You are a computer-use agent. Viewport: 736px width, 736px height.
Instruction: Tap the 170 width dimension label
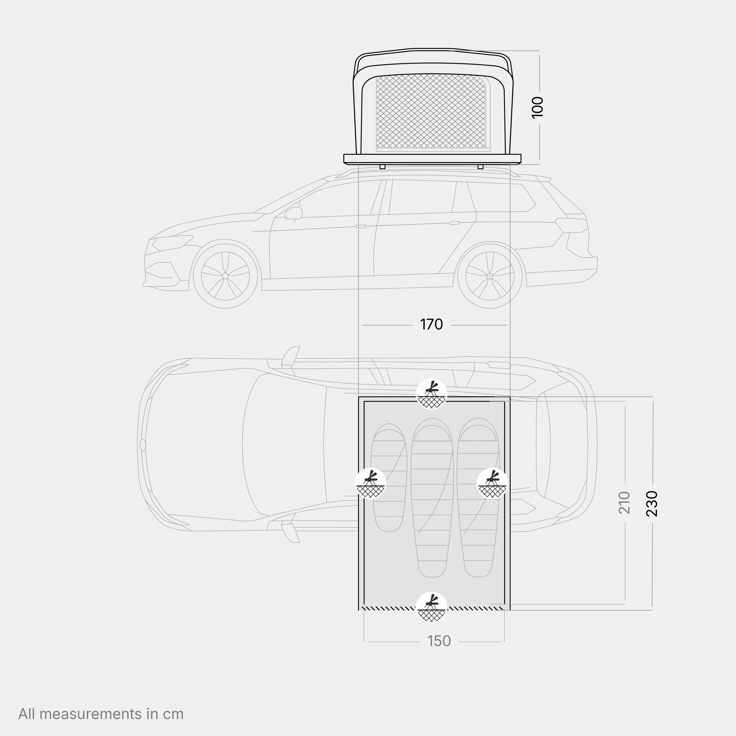431,325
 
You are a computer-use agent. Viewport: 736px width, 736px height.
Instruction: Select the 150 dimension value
439,641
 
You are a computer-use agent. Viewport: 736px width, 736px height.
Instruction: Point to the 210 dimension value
625,503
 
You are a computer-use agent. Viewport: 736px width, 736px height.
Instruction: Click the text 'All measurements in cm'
101,714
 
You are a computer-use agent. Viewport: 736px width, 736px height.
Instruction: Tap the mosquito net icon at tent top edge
431,394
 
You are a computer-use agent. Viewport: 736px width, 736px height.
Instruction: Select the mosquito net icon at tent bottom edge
431,607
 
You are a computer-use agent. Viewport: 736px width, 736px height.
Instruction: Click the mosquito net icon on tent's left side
370,483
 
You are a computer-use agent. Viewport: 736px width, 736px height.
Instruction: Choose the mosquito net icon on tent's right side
492,483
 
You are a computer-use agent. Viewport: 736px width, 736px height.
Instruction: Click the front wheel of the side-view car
225,275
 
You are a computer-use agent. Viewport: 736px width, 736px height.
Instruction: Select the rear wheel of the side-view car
490,275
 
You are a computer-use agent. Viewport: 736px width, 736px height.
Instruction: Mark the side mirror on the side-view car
294,213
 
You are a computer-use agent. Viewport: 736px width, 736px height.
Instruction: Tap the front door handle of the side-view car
361,227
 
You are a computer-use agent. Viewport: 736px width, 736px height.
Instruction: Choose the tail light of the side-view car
571,225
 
